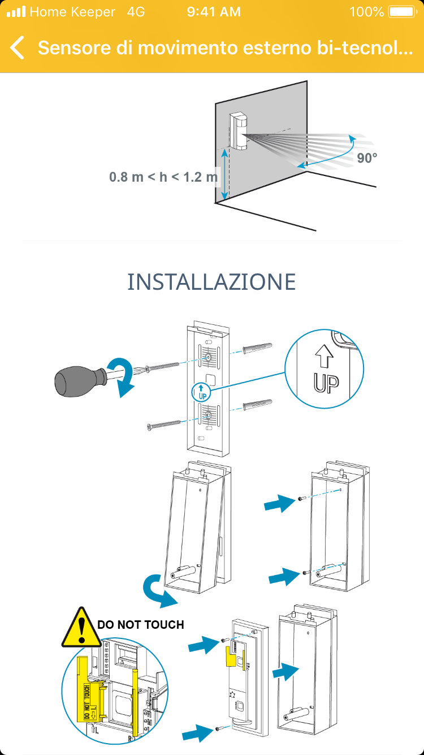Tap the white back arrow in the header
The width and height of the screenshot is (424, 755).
[17, 48]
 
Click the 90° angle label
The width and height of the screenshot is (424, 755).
[367, 158]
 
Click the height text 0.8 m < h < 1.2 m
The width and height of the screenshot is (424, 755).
[163, 177]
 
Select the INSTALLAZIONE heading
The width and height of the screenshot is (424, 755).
[211, 282]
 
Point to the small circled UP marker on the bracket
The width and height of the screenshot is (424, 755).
[201, 392]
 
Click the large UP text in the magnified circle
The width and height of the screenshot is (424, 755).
[326, 383]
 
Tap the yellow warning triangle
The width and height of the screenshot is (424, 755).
[81, 628]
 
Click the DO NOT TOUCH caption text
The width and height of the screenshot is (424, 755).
[140, 625]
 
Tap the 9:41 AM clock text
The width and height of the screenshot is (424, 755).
[214, 12]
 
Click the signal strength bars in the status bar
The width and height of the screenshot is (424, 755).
[16, 11]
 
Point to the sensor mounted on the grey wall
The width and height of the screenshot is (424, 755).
[239, 131]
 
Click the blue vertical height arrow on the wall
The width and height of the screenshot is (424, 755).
[225, 174]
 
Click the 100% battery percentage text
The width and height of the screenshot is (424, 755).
[367, 12]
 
